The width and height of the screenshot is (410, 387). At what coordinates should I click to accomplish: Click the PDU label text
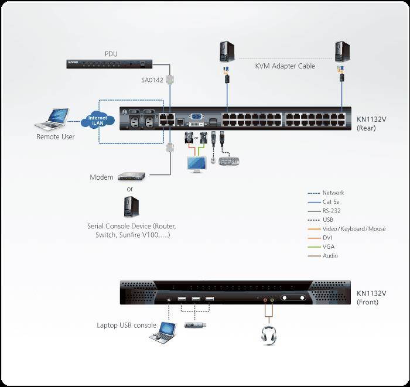[x=111, y=54]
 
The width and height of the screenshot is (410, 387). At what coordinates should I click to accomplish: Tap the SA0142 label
[x=152, y=80]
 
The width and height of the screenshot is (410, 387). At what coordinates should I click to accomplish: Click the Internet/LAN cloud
[x=97, y=120]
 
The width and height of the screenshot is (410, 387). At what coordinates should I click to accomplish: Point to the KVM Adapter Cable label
[x=285, y=66]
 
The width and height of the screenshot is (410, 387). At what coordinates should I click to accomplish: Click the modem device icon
[x=130, y=176]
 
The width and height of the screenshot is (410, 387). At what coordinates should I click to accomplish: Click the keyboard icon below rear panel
[x=228, y=161]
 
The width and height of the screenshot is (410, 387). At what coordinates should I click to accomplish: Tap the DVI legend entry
[x=327, y=238]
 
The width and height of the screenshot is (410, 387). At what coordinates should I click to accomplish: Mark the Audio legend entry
[x=330, y=256]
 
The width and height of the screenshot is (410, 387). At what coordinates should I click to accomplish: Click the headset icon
[x=269, y=335]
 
